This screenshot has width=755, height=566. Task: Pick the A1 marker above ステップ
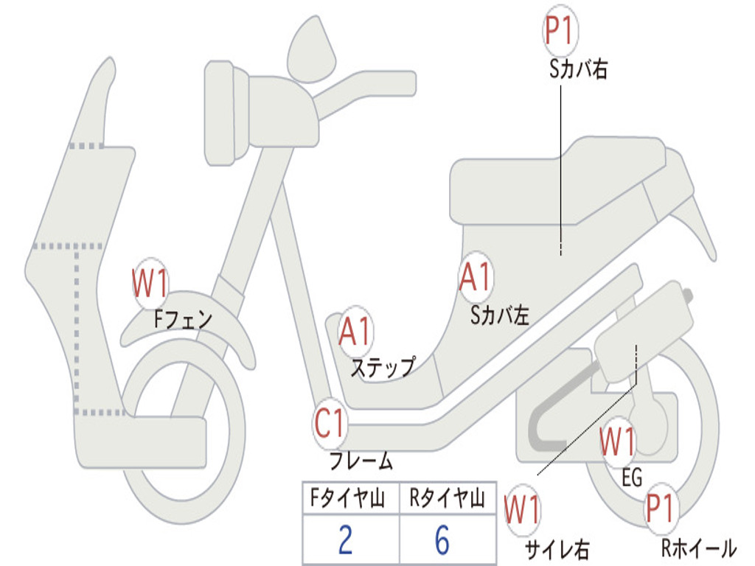click(355, 332)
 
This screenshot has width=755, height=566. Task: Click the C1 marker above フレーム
click(330, 424)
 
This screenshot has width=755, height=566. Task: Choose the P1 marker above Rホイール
click(660, 509)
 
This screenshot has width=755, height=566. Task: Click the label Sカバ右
click(578, 70)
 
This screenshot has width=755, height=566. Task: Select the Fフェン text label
click(183, 320)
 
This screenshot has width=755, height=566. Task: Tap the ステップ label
click(383, 366)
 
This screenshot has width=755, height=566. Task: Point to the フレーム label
click(361, 462)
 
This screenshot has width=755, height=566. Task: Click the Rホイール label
click(698, 548)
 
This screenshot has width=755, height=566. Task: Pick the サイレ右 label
click(557, 549)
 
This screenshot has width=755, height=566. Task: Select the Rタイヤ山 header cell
click(447, 499)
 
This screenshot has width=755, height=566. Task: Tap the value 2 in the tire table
click(345, 540)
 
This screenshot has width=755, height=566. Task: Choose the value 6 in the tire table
click(442, 540)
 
